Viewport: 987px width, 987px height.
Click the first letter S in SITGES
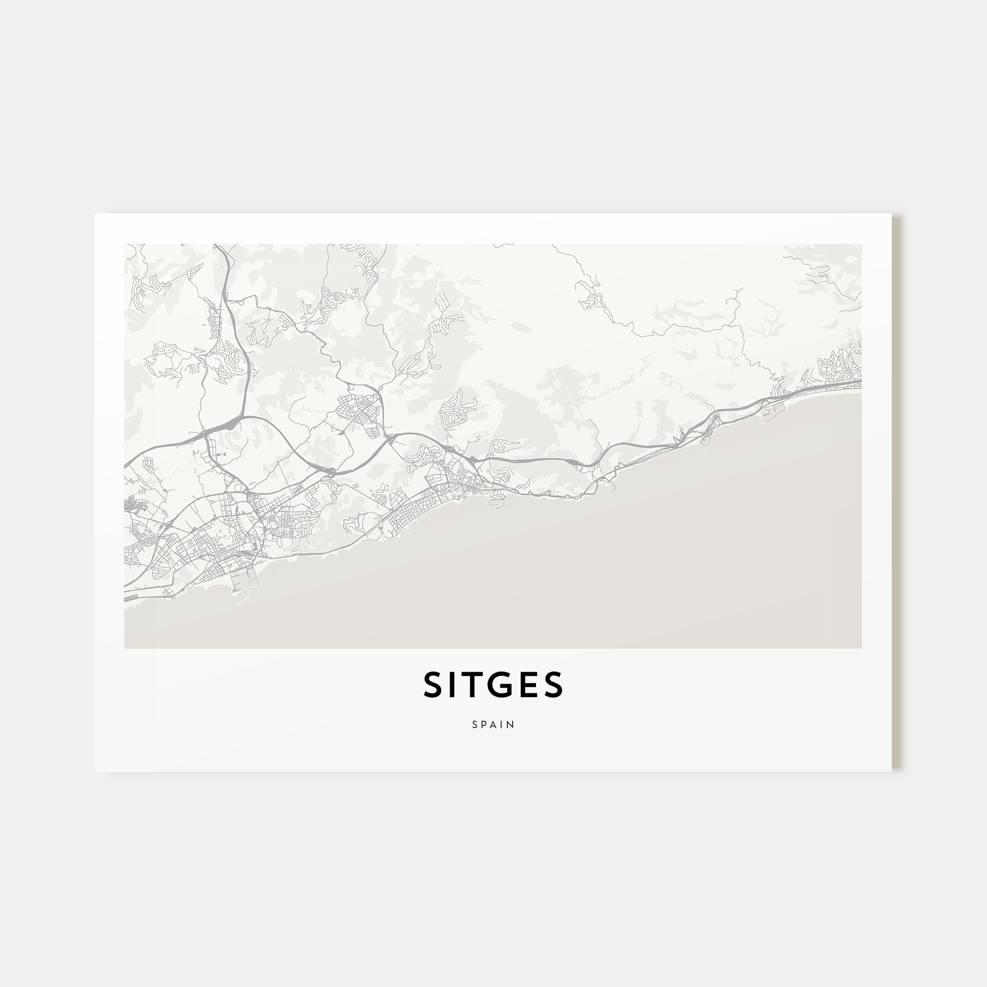point(433,685)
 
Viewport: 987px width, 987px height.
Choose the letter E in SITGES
point(530,685)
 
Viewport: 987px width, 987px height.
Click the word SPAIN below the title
point(493,724)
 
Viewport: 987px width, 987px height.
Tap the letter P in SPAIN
point(484,724)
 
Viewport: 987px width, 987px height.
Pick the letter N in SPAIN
point(511,724)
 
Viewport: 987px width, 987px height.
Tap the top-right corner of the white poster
point(891,214)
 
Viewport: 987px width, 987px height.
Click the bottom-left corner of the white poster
point(95,771)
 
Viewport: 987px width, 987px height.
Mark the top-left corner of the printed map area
point(124,244)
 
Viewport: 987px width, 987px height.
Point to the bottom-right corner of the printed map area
point(861,648)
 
